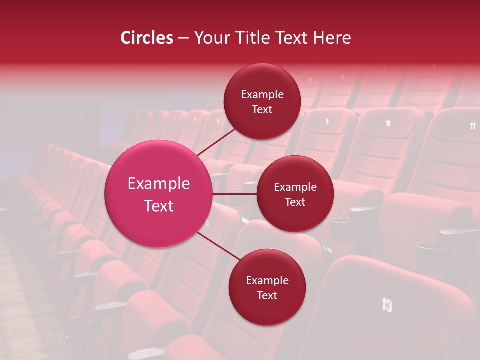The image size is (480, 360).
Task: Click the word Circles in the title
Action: (146, 38)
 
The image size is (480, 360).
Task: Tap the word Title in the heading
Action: (255, 38)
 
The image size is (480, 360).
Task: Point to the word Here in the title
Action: (332, 38)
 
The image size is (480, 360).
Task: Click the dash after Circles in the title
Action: (183, 38)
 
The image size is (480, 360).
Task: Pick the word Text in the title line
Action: (292, 38)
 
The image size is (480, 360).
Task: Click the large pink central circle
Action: (159, 194)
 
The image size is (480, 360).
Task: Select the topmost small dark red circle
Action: (262, 101)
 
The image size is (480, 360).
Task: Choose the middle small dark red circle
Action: (295, 194)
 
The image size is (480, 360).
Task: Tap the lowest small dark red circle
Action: (267, 287)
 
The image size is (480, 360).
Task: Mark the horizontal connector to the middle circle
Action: (235, 193)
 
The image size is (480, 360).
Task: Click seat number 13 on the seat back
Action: (387, 304)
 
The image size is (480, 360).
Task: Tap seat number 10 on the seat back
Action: (388, 123)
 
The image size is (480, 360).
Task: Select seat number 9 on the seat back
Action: (327, 121)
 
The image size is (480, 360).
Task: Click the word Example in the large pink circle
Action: (159, 184)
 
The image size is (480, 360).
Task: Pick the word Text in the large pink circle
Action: (159, 206)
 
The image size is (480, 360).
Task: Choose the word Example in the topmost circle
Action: (262, 95)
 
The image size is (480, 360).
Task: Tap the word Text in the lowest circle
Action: (267, 295)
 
